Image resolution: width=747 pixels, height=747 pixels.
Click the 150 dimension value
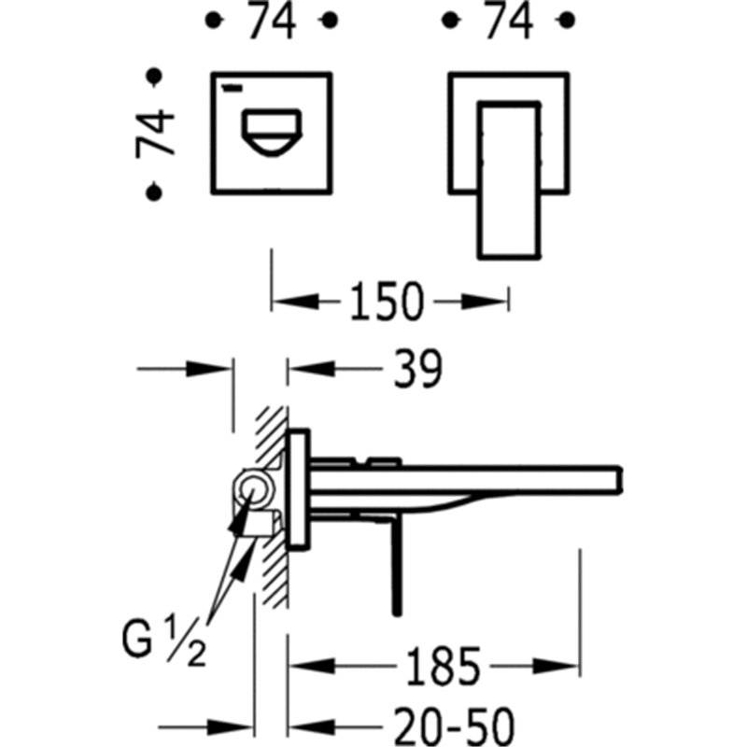(387, 301)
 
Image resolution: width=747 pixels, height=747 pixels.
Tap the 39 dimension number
(417, 368)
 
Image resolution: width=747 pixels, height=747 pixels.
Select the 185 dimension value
(443, 666)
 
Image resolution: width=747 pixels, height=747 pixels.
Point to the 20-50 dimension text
(455, 727)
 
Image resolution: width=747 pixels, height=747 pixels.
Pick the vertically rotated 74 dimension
(155, 134)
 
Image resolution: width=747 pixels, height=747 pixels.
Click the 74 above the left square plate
(272, 20)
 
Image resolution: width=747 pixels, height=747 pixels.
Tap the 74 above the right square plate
(508, 20)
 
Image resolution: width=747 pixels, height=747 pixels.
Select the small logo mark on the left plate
(233, 87)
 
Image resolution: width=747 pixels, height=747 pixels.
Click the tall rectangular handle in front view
(509, 180)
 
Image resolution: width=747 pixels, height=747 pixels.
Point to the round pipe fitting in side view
(253, 489)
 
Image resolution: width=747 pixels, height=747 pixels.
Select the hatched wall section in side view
(273, 506)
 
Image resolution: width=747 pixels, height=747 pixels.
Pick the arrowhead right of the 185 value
(556, 666)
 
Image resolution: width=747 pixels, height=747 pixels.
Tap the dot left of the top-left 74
(214, 21)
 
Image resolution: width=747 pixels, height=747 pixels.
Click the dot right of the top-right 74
(566, 21)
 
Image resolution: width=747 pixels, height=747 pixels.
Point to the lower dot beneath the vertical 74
(154, 192)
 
